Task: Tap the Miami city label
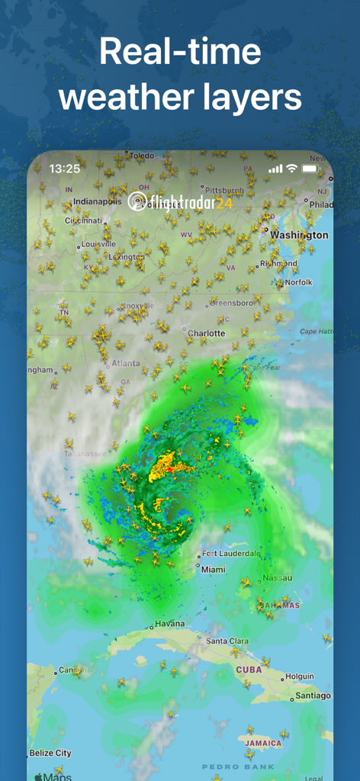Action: [214, 569]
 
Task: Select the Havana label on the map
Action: [169, 623]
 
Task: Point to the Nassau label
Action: [277, 578]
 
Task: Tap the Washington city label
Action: [299, 235]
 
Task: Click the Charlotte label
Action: [206, 333]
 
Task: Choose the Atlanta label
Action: [126, 363]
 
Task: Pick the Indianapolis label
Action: [98, 201]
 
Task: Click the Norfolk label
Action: [298, 282]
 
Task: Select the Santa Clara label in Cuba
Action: [227, 641]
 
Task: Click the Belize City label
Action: [50, 753]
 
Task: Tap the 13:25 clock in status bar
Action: [64, 169]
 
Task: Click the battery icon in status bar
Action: [310, 169]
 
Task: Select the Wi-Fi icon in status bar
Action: [291, 169]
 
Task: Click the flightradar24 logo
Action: [180, 201]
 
